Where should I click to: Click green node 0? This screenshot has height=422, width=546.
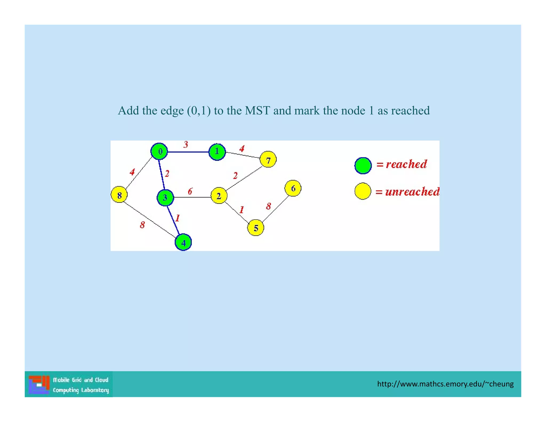click(159, 152)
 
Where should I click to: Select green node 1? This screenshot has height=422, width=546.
click(217, 152)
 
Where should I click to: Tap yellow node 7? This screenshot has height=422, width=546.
click(268, 160)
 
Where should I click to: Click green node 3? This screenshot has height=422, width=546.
click(165, 198)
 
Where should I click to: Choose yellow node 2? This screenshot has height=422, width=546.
click(219, 196)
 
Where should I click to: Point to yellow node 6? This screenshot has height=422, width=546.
click(293, 188)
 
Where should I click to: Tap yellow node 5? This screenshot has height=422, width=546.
click(256, 228)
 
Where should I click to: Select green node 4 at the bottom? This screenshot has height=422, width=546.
click(183, 242)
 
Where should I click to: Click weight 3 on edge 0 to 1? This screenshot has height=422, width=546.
click(186, 145)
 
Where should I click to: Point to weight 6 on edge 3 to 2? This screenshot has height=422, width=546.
click(190, 191)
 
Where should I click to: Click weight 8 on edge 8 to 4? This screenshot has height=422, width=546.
click(142, 225)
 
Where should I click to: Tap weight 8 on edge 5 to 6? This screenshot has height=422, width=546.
click(268, 206)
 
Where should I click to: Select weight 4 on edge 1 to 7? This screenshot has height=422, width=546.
click(242, 149)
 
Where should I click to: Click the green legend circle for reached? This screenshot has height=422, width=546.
click(363, 166)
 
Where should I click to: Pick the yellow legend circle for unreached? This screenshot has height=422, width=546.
click(363, 191)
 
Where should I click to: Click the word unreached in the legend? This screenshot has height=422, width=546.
click(412, 192)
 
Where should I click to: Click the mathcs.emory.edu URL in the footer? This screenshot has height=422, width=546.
click(445, 384)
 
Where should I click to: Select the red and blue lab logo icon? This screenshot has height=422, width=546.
click(39, 384)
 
